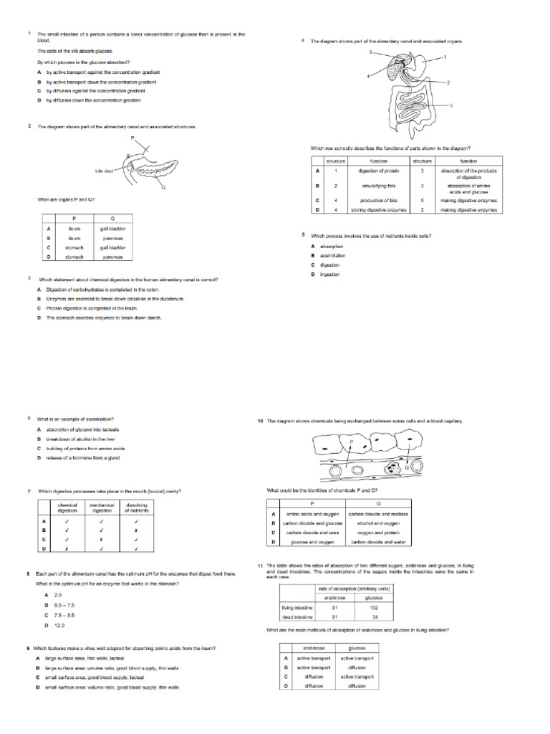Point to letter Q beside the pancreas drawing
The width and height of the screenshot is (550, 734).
(x=163, y=187)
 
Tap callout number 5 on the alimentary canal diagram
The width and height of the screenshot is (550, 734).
(x=370, y=52)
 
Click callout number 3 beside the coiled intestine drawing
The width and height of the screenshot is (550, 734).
(x=451, y=105)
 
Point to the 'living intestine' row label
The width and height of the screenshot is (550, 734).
(x=297, y=607)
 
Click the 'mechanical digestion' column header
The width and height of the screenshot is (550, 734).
(x=102, y=508)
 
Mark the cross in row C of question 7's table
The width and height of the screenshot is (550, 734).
(x=102, y=539)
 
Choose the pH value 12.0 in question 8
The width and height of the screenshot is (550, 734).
(x=59, y=626)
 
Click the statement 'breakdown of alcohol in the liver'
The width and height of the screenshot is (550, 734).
(x=80, y=439)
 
